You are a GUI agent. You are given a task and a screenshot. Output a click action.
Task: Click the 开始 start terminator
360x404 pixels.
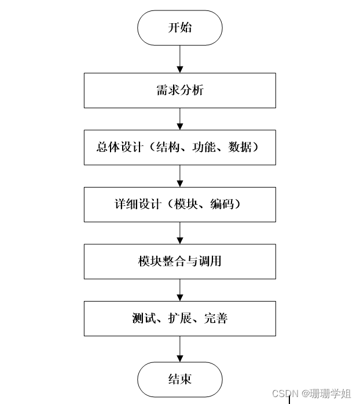179,28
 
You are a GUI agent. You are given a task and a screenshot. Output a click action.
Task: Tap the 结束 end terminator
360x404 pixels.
179,380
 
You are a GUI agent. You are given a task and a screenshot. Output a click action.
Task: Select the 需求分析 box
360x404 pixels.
179,90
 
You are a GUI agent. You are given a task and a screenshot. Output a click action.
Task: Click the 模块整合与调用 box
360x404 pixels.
179,262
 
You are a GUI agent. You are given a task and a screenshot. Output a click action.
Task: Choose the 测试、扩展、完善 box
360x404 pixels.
179,318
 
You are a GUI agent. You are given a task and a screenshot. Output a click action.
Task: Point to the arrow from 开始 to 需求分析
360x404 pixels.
180,58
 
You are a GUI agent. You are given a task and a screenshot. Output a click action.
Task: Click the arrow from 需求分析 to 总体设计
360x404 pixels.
180,119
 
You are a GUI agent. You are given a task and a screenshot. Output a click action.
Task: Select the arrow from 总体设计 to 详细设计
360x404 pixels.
180,176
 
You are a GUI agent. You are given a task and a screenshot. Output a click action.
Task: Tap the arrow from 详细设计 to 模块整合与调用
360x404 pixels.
180,233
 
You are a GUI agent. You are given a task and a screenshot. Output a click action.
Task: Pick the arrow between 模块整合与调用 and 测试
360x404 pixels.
180,290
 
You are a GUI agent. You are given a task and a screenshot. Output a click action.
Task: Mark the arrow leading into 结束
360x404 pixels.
180,349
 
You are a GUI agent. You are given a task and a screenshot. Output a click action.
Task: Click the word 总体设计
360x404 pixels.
119,147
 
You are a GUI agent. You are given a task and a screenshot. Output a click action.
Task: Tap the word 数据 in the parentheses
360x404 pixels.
240,147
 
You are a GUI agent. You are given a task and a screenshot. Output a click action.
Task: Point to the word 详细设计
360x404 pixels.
137,204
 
